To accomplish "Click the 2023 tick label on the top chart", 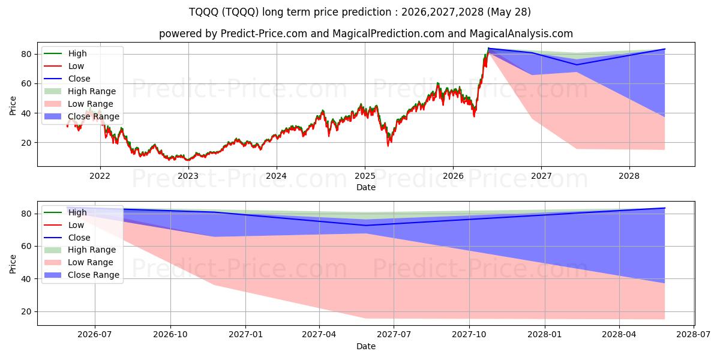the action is pos(188,176).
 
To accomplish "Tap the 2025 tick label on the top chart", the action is pos(365,176).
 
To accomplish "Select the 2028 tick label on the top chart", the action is pos(629,176).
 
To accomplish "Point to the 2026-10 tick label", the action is pos(170,334).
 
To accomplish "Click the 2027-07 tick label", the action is pos(394,334).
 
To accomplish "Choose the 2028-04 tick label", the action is pos(619,334).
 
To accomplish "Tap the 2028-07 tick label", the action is pos(694,334).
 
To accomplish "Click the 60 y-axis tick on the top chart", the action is pos(26,84).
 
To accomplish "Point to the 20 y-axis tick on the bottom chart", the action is pos(26,312).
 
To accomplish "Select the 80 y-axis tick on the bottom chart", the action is pos(26,214).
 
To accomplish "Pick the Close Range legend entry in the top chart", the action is pos(82,116).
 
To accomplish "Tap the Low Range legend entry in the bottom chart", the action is pos(79,262).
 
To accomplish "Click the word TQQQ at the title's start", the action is pos(204,12).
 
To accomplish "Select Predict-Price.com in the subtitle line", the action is pos(264,34).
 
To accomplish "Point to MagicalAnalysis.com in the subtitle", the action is pos(521,34).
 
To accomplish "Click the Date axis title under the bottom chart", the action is pos(366,346).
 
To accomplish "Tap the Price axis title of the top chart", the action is pos(13,106).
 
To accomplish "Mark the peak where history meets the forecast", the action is pos(488,48).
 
